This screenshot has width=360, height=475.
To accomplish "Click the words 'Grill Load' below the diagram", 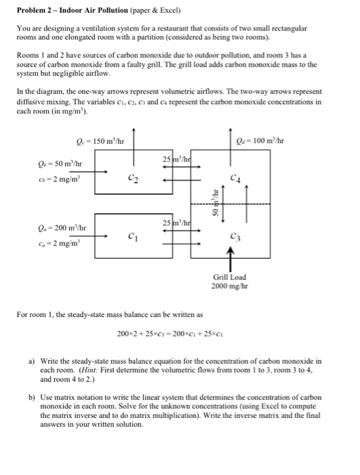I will [x=230, y=278].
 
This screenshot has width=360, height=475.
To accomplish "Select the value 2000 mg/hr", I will [x=231, y=287].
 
